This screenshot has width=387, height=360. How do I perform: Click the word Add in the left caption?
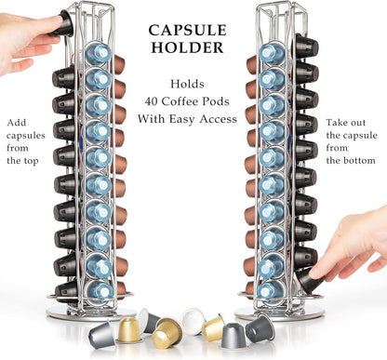click(x=16, y=122)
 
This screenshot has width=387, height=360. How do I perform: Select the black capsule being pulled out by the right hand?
click(x=310, y=278)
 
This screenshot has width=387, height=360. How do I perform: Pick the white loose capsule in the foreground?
click(x=193, y=320)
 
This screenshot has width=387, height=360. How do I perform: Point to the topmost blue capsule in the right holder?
click(x=272, y=53)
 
